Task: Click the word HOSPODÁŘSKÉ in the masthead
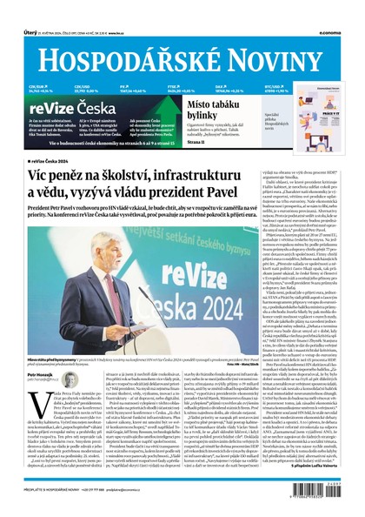click(x=131, y=56)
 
